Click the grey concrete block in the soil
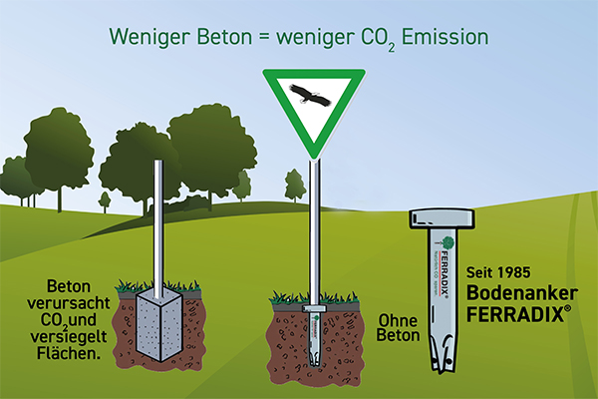pos(153,325)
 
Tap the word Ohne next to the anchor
pos(396,321)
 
